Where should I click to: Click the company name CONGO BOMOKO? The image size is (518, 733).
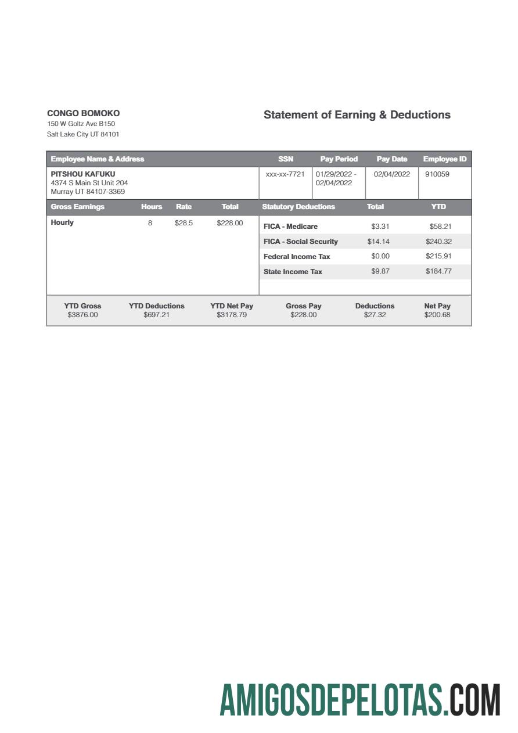(83, 113)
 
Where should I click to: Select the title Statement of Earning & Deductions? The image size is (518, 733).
(357, 115)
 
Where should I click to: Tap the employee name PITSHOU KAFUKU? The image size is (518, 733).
(83, 174)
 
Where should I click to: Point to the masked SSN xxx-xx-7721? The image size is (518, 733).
(285, 174)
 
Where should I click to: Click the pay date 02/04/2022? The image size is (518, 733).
(391, 174)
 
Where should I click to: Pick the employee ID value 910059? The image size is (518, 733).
(437, 174)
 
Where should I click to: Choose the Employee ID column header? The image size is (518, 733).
(444, 159)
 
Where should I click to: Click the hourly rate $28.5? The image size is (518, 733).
(184, 223)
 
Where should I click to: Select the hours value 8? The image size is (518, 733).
(150, 223)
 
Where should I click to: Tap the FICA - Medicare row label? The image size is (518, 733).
(290, 227)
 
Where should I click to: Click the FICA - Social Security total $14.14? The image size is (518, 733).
(378, 242)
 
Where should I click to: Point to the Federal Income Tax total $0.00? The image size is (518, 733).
(380, 256)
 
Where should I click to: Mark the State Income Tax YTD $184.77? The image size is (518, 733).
(438, 271)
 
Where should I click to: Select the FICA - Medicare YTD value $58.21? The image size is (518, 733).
(440, 227)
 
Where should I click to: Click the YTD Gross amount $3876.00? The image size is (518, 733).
(82, 315)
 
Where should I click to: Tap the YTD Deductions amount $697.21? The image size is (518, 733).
(156, 315)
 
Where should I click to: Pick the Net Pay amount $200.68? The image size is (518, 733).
(437, 315)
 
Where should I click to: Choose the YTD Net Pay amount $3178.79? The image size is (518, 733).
(231, 315)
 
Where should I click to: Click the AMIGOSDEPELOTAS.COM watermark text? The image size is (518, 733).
(359, 700)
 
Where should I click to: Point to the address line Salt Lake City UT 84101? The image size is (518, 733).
(83, 134)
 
